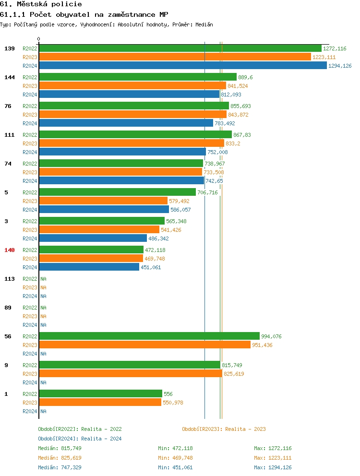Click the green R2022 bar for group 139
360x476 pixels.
point(180,48)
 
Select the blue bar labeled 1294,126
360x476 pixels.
point(182,65)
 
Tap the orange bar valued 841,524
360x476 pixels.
point(132,85)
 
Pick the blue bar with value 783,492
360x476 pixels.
point(126,123)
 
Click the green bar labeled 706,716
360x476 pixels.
point(117,192)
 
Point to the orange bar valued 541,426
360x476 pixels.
point(99,229)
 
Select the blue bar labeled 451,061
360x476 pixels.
point(89,267)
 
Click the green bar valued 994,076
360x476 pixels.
point(149,336)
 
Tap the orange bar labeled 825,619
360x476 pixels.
point(130,373)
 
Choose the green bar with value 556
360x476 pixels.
point(100,393)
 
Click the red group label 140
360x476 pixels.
point(10,250)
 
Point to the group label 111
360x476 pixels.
point(10,135)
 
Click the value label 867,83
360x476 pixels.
point(242,135)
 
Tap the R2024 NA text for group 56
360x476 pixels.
point(43,354)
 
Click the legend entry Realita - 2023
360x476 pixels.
point(224,429)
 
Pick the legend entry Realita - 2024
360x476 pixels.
point(80,439)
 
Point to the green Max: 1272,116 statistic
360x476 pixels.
point(273,448)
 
